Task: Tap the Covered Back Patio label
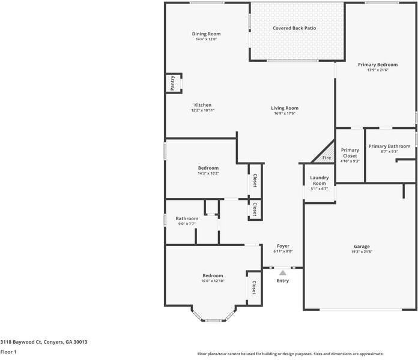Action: [x=294, y=28]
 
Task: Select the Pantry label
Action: [x=172, y=83]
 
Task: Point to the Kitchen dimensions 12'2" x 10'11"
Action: [x=202, y=110]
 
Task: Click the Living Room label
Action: [x=284, y=108]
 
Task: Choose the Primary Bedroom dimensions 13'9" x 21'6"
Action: [x=378, y=70]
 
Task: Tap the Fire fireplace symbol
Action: [x=326, y=158]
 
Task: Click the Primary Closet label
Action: [x=350, y=153]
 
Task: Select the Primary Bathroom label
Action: [x=389, y=146]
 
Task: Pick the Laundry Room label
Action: [x=319, y=180]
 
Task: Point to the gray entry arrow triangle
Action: [x=282, y=273]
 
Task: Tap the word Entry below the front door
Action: [x=282, y=281]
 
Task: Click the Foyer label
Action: [x=283, y=246]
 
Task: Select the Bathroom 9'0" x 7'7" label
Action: [x=187, y=218]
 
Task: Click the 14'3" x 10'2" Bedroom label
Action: [x=208, y=168]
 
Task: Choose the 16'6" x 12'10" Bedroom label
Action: [x=212, y=275]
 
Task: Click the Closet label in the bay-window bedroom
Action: [x=253, y=287]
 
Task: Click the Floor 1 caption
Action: [x=8, y=352]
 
